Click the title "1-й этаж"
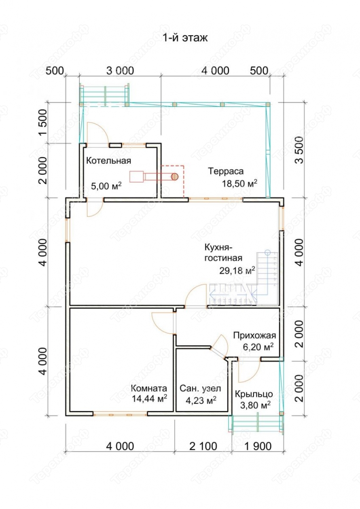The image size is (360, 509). (x=185, y=38)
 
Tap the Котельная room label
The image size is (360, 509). (x=108, y=161)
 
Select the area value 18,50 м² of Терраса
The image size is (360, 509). (x=239, y=183)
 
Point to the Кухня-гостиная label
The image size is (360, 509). (x=224, y=252)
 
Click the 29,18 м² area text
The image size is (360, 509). (x=237, y=270)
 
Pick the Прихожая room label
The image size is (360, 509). (x=254, y=335)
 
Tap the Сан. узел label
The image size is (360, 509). (x=200, y=388)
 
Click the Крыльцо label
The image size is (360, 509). (x=254, y=394)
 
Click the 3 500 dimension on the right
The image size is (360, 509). (x=300, y=150)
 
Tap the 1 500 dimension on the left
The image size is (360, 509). (x=43, y=123)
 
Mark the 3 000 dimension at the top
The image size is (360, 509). (x=120, y=71)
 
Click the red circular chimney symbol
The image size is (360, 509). (x=174, y=176)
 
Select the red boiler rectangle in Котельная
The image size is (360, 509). (x=136, y=176)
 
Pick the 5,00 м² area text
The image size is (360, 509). (x=106, y=186)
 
